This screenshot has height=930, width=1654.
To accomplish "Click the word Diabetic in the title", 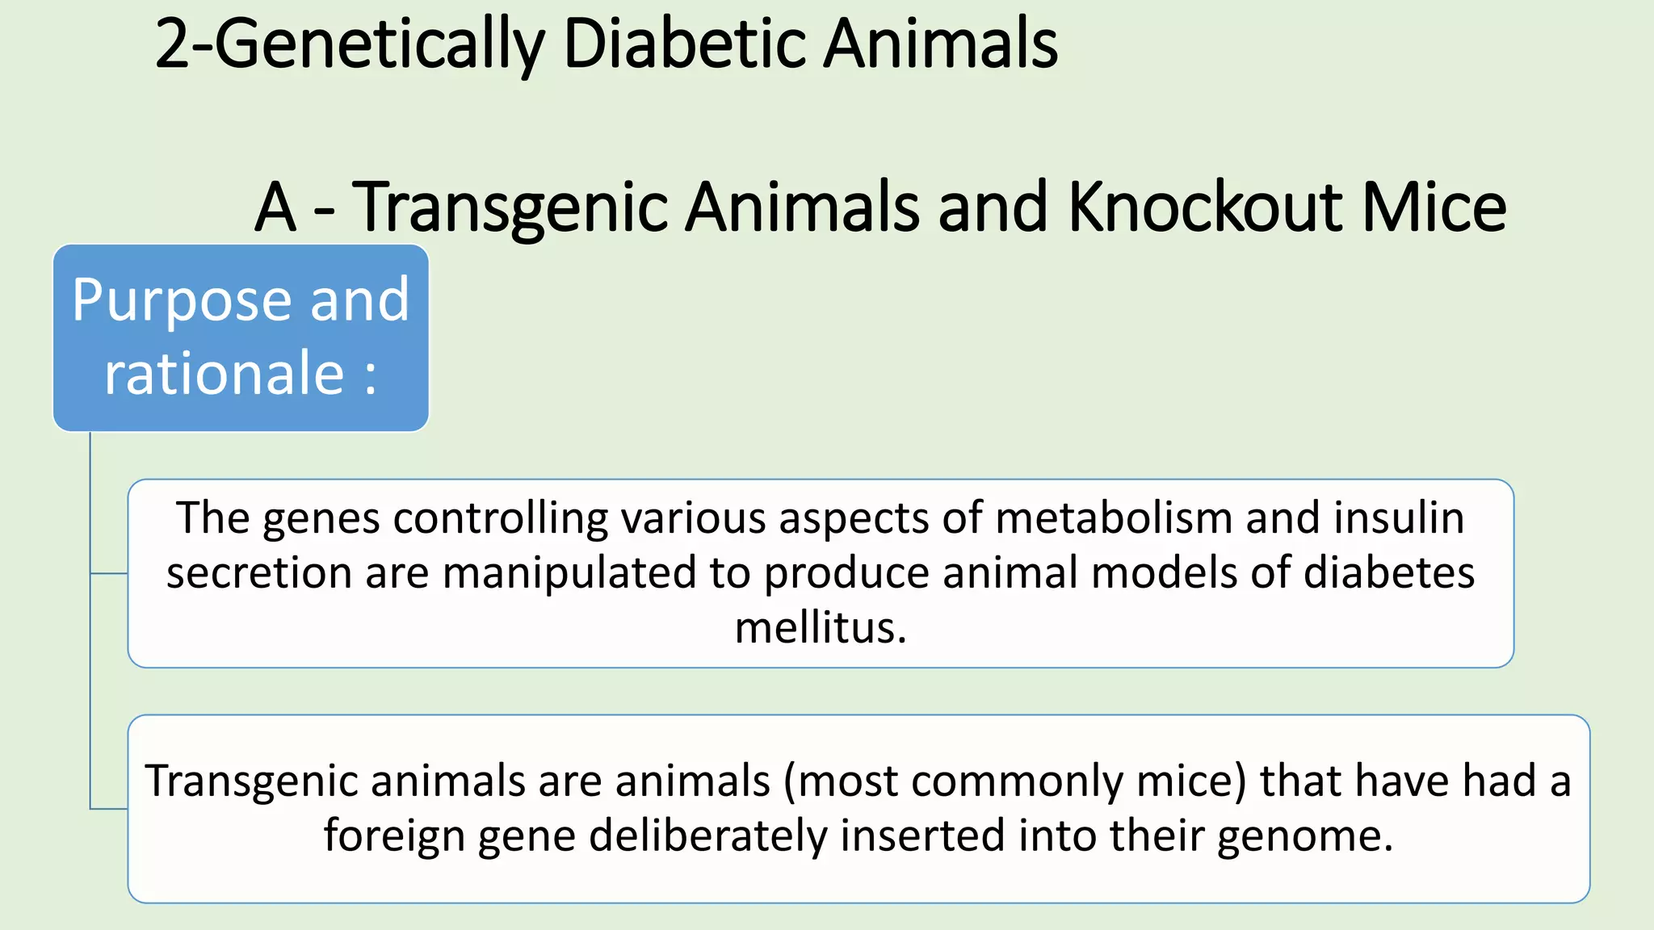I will (685, 44).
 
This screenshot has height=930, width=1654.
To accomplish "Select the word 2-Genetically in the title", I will (349, 45).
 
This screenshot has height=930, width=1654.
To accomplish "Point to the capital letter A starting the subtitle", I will (275, 208).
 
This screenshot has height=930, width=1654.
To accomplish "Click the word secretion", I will (259, 572).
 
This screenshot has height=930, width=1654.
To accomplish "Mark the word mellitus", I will (821, 627).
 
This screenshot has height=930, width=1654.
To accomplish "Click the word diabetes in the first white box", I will (1389, 572).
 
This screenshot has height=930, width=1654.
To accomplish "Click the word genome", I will (1305, 836).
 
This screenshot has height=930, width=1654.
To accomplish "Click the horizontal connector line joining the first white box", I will (109, 574).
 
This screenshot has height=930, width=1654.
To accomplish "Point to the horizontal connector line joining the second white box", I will (109, 808).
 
